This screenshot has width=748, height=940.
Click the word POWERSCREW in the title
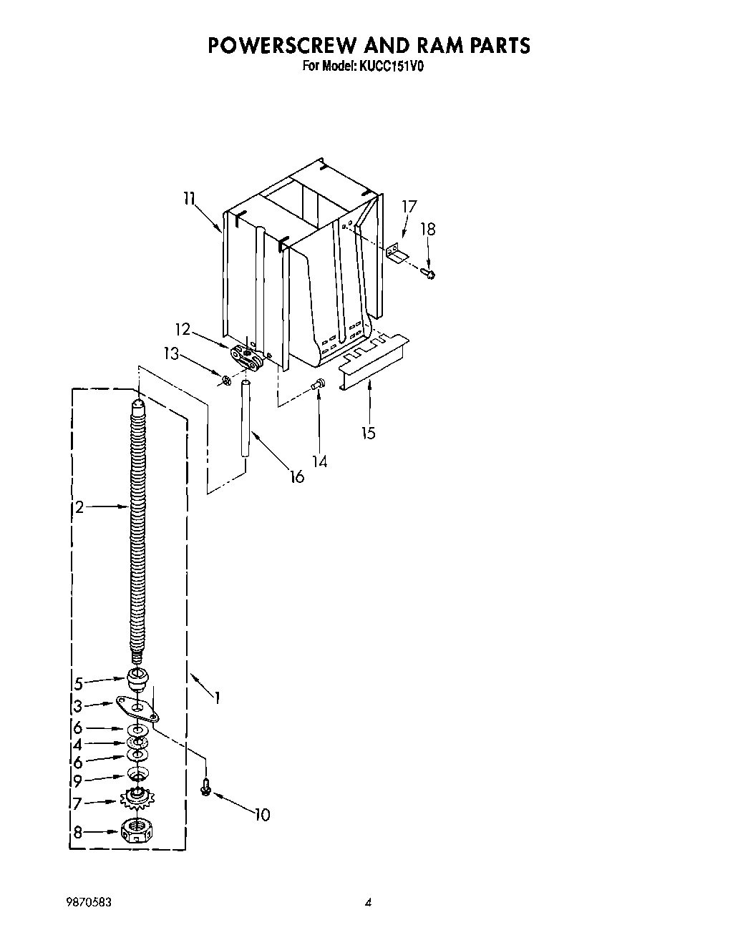tap(281, 45)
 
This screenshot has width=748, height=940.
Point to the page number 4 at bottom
tap(368, 904)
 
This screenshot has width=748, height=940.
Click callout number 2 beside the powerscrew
tap(79, 507)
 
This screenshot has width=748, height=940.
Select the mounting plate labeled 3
tap(138, 709)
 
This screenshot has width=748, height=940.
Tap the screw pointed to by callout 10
tap(205, 788)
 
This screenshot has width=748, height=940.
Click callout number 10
tap(262, 814)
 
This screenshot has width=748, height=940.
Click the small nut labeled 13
tap(226, 381)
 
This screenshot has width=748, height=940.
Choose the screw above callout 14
tap(319, 386)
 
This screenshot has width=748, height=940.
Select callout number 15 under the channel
tap(369, 433)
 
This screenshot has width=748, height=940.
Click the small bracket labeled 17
tap(394, 254)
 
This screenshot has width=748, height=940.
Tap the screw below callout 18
tap(430, 273)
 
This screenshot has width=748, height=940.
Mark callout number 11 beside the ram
tap(188, 199)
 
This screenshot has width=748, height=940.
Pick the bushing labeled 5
tap(137, 677)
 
